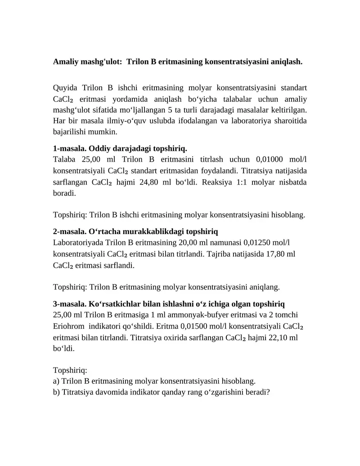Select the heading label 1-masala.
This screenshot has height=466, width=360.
pos(70,149)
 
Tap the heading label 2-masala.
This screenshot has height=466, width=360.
pos(70,232)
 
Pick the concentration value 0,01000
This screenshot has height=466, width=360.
pos(273,159)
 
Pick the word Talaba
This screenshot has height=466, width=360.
pos(65,159)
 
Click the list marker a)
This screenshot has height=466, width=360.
pos(56,381)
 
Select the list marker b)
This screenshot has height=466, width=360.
pos(56,392)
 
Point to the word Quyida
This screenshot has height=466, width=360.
pos(65,87)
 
